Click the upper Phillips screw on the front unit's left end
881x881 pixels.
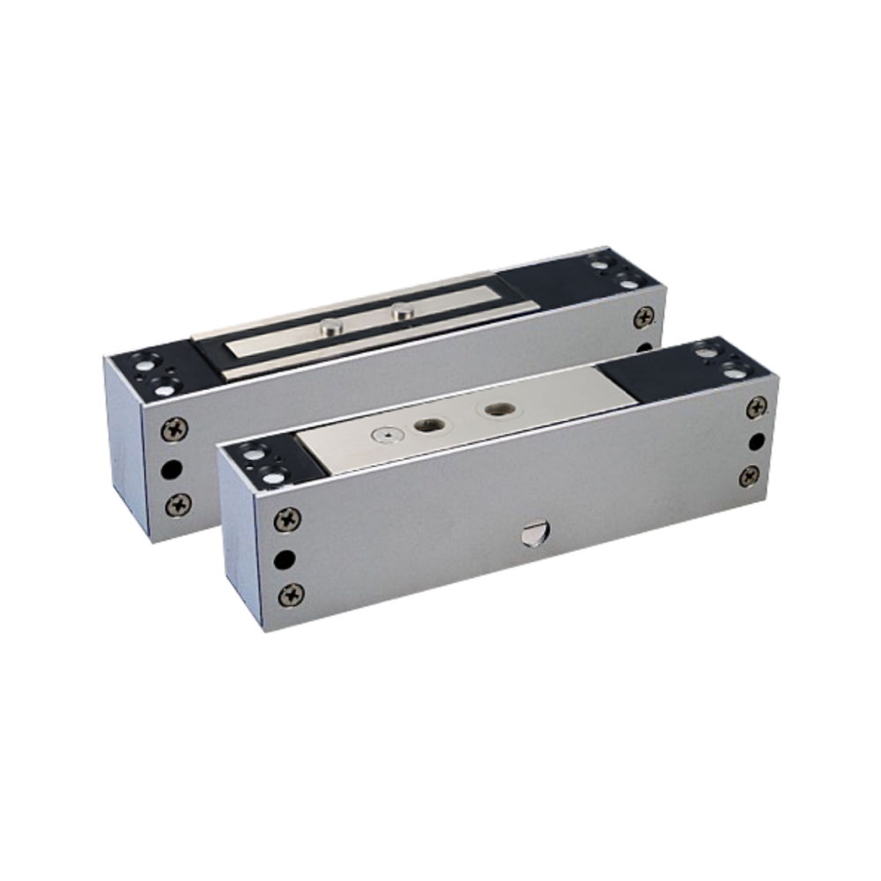(288, 519)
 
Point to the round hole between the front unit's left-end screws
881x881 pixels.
(285, 559)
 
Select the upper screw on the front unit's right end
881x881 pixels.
(756, 407)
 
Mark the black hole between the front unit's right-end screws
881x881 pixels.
(755, 440)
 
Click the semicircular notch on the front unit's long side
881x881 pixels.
(531, 531)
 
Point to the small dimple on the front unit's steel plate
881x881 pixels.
(379, 433)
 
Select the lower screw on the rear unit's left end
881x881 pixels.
(179, 505)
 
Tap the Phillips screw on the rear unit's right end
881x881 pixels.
(644, 316)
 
